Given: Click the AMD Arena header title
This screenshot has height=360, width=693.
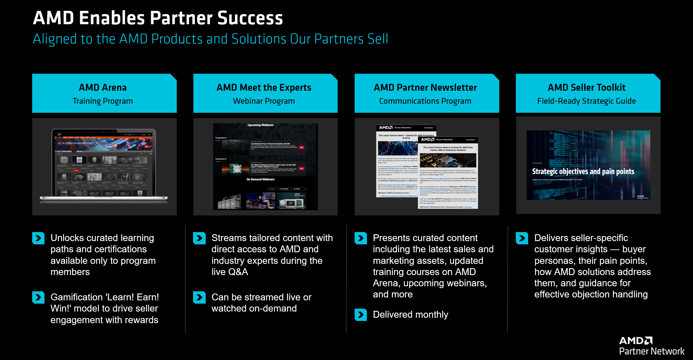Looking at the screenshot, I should click(x=103, y=87).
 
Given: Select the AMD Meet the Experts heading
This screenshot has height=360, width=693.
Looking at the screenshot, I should click(x=264, y=87).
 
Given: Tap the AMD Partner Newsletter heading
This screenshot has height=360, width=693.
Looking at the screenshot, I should click(x=425, y=87).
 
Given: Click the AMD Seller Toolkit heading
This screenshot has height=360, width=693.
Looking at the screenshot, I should click(x=586, y=87).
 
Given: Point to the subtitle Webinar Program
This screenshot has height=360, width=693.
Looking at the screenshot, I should click(x=264, y=101).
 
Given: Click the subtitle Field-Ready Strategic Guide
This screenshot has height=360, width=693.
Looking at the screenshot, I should click(x=586, y=101).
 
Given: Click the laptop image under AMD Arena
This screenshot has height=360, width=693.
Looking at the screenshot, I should click(x=104, y=164).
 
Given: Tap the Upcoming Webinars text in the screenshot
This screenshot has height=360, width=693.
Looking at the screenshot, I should click(x=260, y=125).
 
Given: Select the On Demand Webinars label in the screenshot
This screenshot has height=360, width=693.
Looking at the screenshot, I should click(x=260, y=179).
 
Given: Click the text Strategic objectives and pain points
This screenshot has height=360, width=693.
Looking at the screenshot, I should click(x=583, y=172).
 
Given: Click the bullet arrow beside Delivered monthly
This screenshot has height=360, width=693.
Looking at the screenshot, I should click(x=360, y=315).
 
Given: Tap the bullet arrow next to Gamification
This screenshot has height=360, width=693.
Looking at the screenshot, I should click(x=38, y=297).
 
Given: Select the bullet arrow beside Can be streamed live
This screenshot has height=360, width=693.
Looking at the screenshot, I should click(x=199, y=297).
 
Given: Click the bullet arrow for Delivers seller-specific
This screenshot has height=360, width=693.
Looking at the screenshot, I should click(x=522, y=238).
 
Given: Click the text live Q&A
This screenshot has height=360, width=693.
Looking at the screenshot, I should click(x=230, y=272).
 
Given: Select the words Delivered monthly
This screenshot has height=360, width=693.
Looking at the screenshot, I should click(x=410, y=315).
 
